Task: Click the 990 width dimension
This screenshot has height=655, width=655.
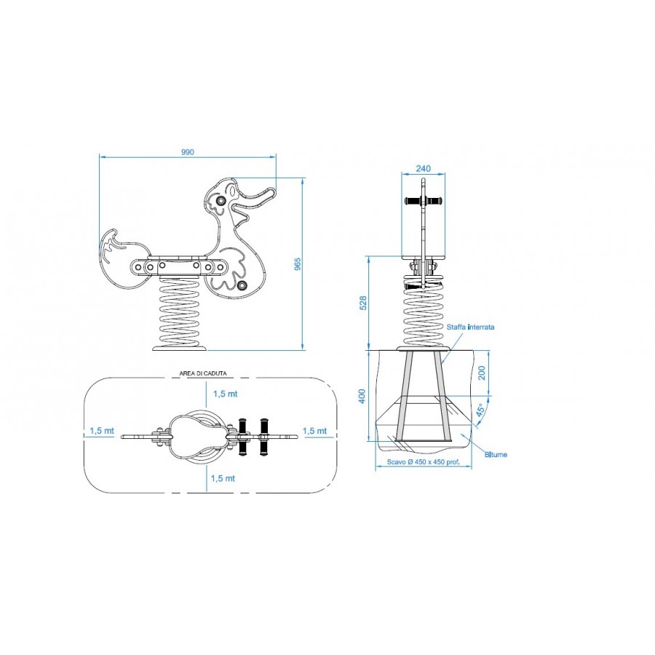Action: pyautogui.click(x=188, y=153)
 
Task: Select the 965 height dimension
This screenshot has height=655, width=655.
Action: pyautogui.click(x=298, y=264)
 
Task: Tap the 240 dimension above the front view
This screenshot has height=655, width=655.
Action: pyautogui.click(x=423, y=169)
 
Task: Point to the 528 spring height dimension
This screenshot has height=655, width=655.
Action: pyautogui.click(x=363, y=303)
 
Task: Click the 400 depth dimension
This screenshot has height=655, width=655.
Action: pyautogui.click(x=362, y=396)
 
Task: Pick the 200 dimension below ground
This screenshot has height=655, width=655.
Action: pyautogui.click(x=482, y=373)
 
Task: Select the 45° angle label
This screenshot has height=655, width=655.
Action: pyautogui.click(x=480, y=410)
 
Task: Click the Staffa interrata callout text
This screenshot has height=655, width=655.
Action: pyautogui.click(x=470, y=327)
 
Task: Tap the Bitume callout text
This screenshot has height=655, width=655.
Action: pyautogui.click(x=496, y=454)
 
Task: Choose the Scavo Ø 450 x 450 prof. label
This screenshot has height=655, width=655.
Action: pyautogui.click(x=423, y=462)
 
